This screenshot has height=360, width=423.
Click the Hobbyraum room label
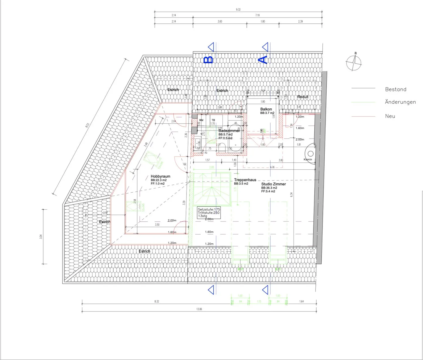point(160,176)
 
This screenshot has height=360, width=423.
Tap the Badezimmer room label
point(229,131)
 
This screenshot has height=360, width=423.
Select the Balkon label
point(266,109)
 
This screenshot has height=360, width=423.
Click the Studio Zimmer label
point(273,184)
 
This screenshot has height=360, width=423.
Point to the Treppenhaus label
point(245,180)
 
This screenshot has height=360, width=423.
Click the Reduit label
point(303,97)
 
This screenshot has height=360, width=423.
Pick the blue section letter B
point(209,60)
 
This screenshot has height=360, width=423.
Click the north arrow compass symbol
point(354,63)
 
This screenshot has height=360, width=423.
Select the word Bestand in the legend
point(396,89)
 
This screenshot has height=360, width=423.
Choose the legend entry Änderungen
point(400,102)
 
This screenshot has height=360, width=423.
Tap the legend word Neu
point(390,116)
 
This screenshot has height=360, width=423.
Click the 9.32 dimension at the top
point(238,9)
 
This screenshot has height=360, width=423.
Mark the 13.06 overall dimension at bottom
point(199,309)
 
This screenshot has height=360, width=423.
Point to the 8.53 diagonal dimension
point(87,125)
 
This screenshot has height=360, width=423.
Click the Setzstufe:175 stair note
point(209,209)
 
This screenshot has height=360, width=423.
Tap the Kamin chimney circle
point(310,154)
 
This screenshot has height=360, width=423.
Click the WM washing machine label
point(201,120)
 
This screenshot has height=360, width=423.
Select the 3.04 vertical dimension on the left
point(41,236)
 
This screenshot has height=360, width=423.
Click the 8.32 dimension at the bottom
point(157,301)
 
